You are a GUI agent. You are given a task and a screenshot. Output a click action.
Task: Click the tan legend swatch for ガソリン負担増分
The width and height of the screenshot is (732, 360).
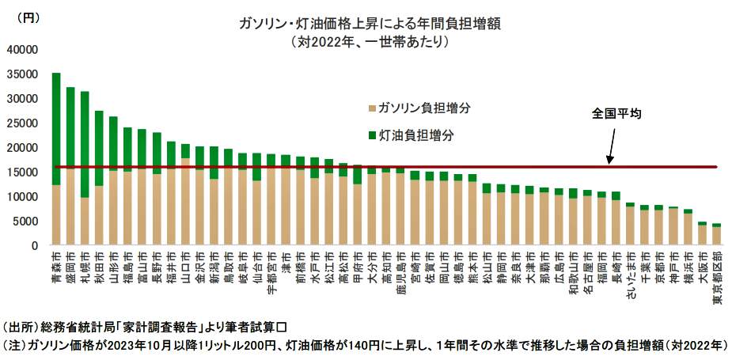pos(373,108)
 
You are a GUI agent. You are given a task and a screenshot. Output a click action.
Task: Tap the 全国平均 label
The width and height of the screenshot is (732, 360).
pos(616,114)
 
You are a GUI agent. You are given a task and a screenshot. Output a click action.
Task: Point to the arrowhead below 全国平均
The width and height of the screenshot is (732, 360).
pos(609,161)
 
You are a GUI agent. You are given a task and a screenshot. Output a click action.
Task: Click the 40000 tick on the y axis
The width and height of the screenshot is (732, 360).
pos(21,50)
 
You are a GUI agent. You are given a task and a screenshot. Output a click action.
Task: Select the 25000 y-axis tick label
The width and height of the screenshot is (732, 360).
pos(21,123)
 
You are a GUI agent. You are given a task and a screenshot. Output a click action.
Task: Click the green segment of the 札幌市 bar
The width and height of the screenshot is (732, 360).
pos(85,142)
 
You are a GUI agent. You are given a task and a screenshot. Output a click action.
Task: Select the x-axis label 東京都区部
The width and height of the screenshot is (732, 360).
pos(716,277)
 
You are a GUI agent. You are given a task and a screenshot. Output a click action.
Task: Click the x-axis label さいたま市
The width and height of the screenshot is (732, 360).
pos(630,273)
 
